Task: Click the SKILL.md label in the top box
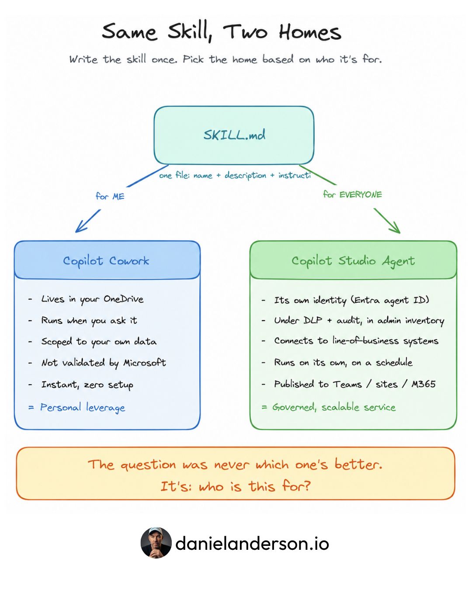tap(234, 135)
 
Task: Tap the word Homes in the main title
tap(310, 33)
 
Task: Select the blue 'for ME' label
tap(110, 196)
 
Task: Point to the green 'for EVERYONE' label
tap(352, 194)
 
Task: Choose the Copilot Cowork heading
tap(106, 261)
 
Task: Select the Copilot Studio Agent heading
tap(353, 261)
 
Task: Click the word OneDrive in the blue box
tap(123, 299)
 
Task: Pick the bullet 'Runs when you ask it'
tap(89, 320)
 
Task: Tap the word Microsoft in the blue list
tap(145, 363)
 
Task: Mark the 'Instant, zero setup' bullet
tap(87, 385)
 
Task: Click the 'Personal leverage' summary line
tap(83, 407)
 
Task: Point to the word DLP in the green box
tap(312, 320)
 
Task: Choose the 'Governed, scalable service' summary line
tap(334, 407)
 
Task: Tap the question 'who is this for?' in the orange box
tap(255, 486)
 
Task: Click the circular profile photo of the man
tap(156, 542)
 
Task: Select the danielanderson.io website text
tap(252, 543)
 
